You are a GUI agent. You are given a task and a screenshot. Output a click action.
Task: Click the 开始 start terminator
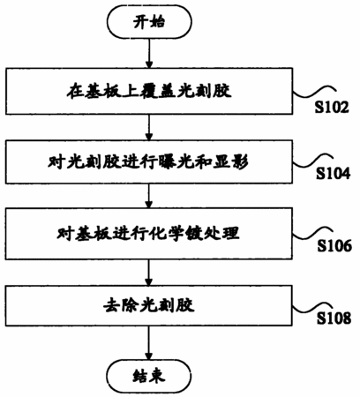click(x=149, y=22)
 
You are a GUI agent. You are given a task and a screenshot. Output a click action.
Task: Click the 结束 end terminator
click(x=149, y=376)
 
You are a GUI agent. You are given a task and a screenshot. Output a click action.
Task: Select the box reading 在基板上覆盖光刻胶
click(x=149, y=91)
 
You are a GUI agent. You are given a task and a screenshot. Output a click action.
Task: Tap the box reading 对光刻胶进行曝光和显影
click(x=149, y=162)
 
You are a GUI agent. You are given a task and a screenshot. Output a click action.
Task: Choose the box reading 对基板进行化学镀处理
click(x=149, y=234)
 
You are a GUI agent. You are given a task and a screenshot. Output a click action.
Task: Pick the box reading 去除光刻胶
click(x=149, y=305)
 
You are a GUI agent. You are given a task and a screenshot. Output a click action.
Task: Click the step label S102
click(x=332, y=107)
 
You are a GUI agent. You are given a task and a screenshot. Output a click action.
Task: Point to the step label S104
click(x=334, y=173)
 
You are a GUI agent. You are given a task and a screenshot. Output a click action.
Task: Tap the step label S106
click(x=334, y=245)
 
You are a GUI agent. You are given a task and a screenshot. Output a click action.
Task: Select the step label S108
click(x=334, y=318)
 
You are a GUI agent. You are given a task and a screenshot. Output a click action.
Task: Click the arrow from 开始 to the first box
click(x=149, y=54)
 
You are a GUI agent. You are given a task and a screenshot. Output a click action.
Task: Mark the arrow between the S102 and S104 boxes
click(x=149, y=127)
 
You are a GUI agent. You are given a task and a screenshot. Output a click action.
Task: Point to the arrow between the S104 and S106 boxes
click(x=149, y=196)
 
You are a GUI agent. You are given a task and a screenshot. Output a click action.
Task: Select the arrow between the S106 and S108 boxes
click(x=149, y=273)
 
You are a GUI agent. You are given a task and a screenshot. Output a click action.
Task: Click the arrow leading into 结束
click(x=149, y=343)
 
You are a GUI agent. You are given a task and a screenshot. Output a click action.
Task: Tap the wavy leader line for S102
click(x=312, y=92)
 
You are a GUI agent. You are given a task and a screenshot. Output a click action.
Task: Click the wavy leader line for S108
click(x=312, y=309)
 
